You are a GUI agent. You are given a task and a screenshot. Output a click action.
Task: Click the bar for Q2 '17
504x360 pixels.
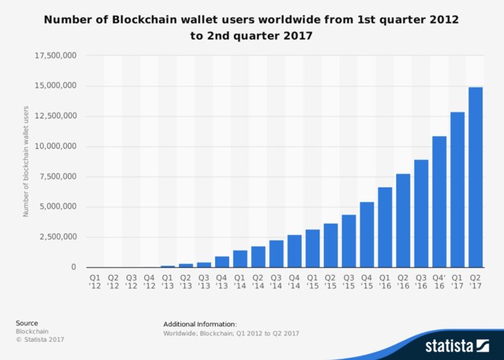[476, 177]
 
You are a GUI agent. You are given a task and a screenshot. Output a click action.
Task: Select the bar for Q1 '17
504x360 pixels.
[458, 190]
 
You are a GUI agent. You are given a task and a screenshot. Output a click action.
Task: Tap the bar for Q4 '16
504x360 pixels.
[439, 202]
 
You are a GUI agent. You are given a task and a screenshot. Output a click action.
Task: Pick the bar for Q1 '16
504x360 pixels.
[385, 227]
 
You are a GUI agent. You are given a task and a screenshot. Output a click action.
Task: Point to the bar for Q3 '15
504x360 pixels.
[349, 241]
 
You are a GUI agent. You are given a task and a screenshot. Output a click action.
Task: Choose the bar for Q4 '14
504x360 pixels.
[295, 251]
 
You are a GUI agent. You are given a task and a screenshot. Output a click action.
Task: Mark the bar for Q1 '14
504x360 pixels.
[240, 259]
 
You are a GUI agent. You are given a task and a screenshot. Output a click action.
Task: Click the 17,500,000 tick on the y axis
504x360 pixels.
[55, 56]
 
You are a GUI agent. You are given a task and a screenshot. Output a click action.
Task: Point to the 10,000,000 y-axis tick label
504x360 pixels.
[55, 147]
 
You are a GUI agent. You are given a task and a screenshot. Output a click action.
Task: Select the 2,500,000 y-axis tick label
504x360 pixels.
[57, 237]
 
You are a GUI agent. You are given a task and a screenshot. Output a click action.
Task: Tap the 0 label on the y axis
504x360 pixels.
[74, 267]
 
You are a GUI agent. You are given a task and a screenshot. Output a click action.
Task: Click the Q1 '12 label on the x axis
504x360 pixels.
[94, 281]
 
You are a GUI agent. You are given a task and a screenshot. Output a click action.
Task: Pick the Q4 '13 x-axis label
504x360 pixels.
[222, 281]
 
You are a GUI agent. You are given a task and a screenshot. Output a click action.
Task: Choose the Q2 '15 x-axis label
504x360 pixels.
[331, 281]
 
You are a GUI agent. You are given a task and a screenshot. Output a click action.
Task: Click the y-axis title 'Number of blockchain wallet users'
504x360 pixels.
[26, 161]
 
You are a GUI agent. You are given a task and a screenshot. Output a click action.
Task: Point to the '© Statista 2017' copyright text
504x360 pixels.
[39, 340]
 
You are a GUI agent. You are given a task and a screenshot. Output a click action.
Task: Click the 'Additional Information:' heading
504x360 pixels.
[200, 324]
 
